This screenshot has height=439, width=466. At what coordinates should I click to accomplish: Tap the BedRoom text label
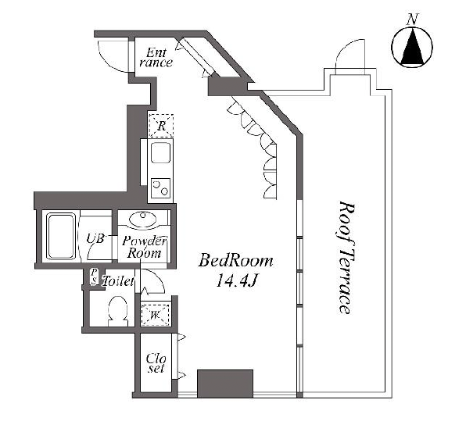click(x=236, y=261)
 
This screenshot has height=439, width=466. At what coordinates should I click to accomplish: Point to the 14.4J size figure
click(x=236, y=280)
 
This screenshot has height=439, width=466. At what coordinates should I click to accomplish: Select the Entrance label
click(x=156, y=58)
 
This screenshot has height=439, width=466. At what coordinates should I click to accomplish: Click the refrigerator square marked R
click(x=161, y=126)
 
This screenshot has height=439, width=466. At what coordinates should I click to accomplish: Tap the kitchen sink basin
click(x=161, y=152)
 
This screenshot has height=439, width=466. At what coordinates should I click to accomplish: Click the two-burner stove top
click(x=160, y=187)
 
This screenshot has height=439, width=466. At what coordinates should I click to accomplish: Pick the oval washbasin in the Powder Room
click(x=142, y=219)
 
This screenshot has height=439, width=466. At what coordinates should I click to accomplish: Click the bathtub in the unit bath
click(x=61, y=236)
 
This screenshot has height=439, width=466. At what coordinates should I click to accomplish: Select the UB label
click(x=95, y=238)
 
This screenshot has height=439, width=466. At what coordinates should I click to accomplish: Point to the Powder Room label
click(x=145, y=247)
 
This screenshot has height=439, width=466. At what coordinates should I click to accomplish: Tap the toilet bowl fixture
click(x=118, y=310)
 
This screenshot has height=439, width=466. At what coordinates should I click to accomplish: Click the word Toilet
click(x=118, y=281)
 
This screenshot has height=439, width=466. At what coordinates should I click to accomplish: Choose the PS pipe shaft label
click(x=94, y=277)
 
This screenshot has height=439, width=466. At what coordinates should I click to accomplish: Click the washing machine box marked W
click(x=155, y=315)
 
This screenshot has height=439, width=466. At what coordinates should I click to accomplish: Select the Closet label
click(x=156, y=363)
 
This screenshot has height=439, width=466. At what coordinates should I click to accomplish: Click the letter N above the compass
click(x=412, y=20)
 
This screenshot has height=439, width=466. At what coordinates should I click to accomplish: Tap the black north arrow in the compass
click(x=412, y=46)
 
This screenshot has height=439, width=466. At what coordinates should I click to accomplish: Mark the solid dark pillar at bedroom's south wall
click(x=225, y=384)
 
